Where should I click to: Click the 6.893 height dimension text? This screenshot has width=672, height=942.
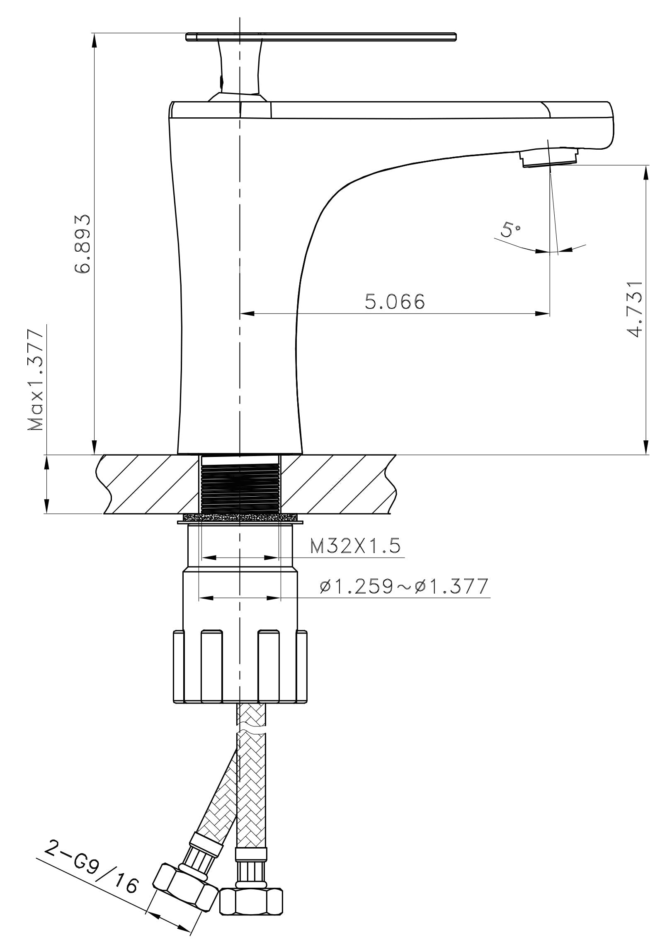(82, 244)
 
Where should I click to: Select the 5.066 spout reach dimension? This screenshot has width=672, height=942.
(395, 301)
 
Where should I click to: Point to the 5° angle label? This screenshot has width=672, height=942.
(510, 229)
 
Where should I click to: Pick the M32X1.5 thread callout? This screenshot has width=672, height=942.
(356, 546)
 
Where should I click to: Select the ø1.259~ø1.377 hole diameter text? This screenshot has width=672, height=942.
(404, 586)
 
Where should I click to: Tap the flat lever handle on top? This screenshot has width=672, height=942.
(321, 36)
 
